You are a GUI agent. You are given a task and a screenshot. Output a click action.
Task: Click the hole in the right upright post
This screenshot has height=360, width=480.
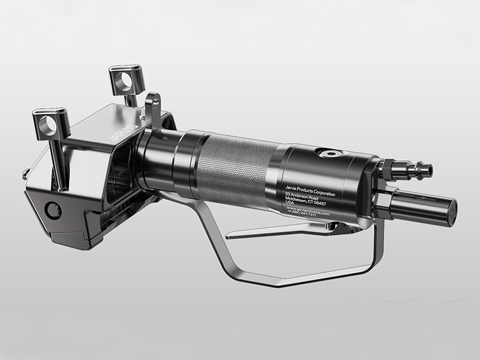[x=127, y=79]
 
